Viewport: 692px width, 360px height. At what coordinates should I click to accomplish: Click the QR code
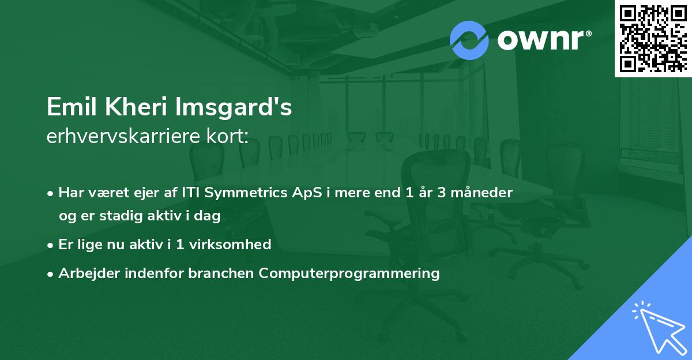653,39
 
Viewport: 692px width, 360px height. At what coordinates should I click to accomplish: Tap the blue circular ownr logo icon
469,40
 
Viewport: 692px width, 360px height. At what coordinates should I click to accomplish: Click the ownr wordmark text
541,40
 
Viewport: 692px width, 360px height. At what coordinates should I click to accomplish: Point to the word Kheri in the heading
136,107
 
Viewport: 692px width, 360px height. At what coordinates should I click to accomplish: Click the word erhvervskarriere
123,136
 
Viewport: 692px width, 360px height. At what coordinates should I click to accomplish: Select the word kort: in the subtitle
227,136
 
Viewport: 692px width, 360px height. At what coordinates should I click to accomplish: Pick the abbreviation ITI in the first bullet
191,193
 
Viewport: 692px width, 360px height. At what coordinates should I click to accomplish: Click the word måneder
482,193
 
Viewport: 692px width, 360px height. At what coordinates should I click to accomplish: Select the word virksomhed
230,245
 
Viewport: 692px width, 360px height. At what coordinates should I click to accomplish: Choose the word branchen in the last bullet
221,273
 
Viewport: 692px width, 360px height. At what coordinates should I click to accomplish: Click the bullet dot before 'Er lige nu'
50,245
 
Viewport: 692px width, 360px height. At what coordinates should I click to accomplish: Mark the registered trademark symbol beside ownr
588,33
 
